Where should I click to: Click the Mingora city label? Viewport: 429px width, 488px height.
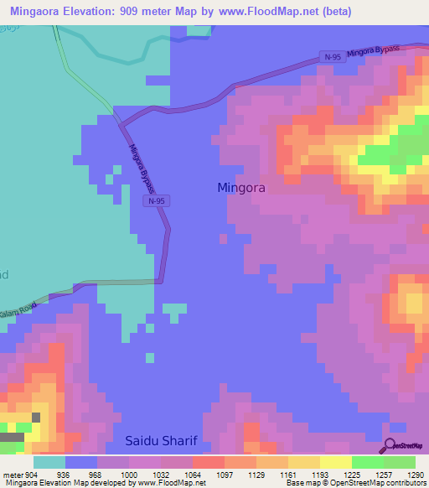click(241, 188)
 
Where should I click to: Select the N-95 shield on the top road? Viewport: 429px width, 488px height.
click(331, 57)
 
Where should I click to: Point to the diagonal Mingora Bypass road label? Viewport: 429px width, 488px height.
click(143, 166)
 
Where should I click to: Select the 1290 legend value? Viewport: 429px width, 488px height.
click(405, 474)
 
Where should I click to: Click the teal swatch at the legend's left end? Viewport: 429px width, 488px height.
click(49, 462)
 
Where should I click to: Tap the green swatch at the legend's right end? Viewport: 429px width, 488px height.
click(400, 462)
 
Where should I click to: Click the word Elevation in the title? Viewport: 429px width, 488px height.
click(98, 12)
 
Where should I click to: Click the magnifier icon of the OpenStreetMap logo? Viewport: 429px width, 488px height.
click(389, 446)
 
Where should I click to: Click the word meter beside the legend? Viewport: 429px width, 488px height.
click(10, 474)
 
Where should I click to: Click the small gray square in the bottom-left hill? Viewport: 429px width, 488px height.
click(36, 417)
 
